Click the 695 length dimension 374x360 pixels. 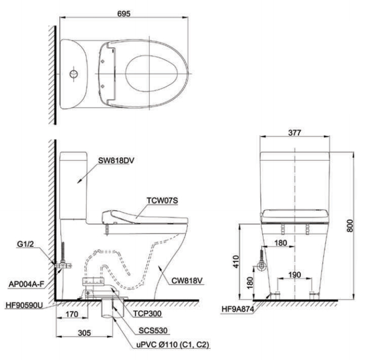click(x=124, y=14)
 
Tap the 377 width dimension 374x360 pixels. click(x=295, y=132)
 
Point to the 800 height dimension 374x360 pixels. click(x=350, y=226)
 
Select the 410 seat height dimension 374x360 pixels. click(x=236, y=262)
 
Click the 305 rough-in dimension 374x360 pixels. click(x=84, y=332)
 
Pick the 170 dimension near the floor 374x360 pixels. click(x=72, y=314)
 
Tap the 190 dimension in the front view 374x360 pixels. click(x=295, y=275)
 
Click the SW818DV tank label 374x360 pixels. click(x=116, y=160)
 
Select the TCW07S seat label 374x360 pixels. click(x=162, y=201)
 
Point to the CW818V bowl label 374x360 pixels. click(x=187, y=281)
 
